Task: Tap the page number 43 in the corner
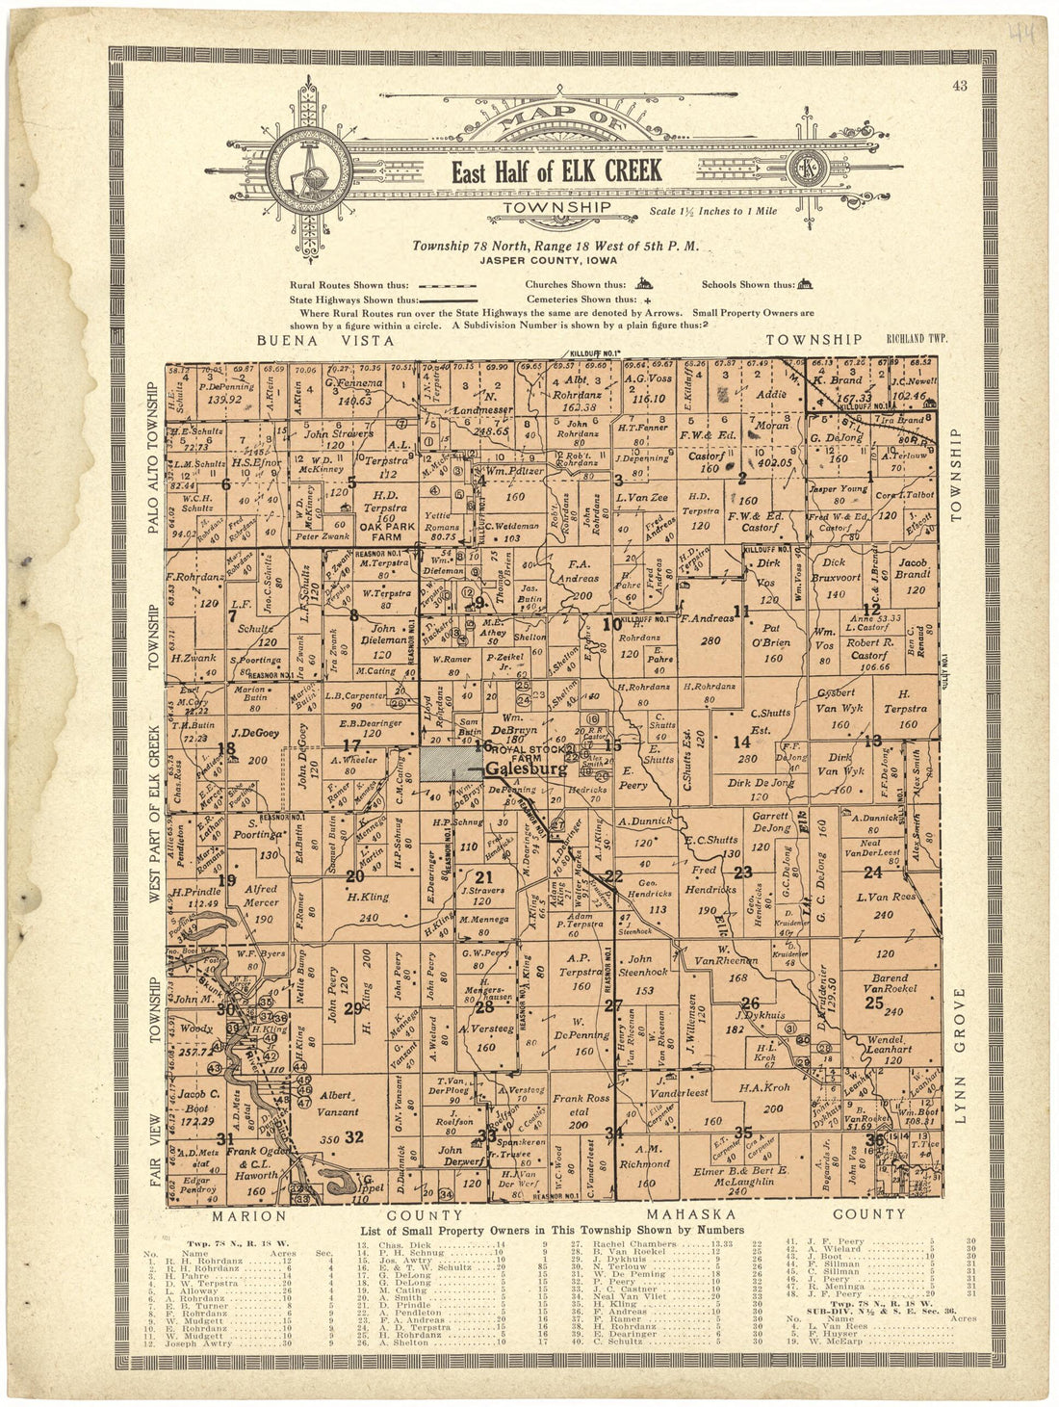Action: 959,86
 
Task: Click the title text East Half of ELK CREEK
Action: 557,171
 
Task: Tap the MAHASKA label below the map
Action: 686,1213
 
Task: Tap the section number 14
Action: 740,742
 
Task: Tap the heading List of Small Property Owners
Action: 552,1230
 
